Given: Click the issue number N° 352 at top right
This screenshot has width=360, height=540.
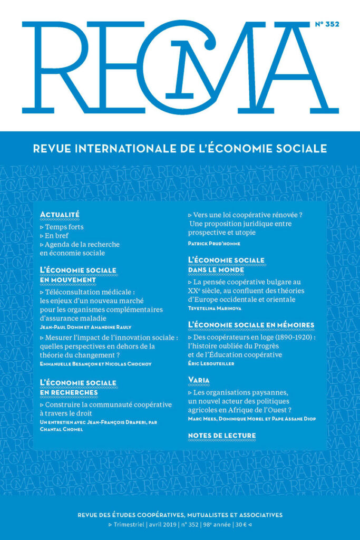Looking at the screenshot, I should [x=326, y=24].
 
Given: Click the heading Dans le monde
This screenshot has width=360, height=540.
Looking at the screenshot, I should [x=216, y=269].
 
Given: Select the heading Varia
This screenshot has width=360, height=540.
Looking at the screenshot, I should [x=199, y=380].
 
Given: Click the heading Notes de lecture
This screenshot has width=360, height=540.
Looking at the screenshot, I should [x=221, y=435].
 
